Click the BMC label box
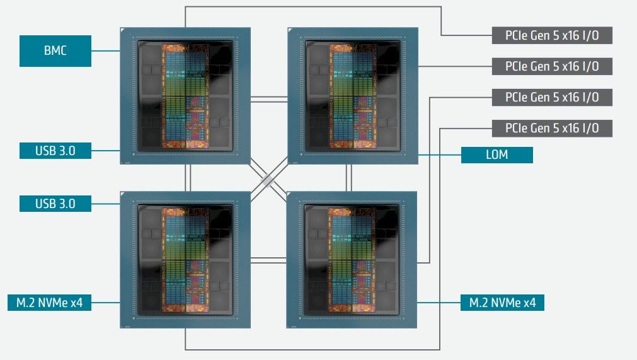pos(55,51)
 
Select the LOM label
pos(497,155)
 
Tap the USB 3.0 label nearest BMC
pos(55,150)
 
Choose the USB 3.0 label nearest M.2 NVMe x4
pos(55,204)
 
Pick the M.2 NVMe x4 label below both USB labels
pos(50,303)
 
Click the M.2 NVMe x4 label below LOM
pos(502,303)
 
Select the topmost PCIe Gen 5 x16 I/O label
pos(552,35)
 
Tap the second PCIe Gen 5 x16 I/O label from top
pos(552,66)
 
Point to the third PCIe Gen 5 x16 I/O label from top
pos(552,98)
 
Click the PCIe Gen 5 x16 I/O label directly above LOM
pos(552,129)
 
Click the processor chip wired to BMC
pos(185,96)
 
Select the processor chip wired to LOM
pos(353,96)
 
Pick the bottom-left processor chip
pos(185,260)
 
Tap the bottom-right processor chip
pos(352,260)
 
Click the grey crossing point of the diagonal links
pos(268,180)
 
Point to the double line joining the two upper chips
pos(269,99)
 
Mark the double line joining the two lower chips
pos(268,260)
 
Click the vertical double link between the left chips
pos(188,178)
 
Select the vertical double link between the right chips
pos(348,178)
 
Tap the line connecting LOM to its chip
pos(440,155)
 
